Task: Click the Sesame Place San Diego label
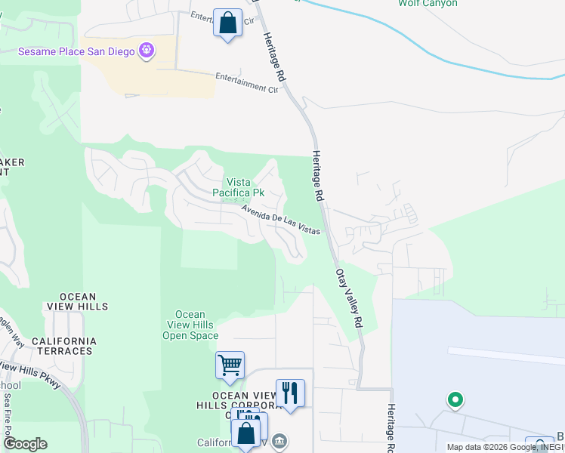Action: (76, 51)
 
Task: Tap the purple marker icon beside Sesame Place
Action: (147, 51)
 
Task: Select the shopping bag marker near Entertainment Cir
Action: (227, 23)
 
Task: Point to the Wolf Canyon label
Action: (428, 4)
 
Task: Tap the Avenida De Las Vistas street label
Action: (281, 219)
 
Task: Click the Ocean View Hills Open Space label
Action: (190, 325)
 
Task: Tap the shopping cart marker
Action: (230, 365)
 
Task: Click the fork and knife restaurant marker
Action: (290, 393)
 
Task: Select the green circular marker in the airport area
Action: (455, 399)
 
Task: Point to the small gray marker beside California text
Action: (279, 440)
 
